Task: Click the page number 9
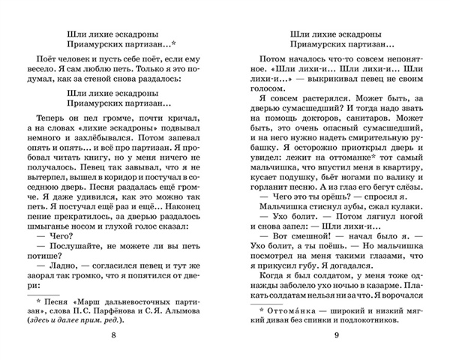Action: [336, 334]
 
